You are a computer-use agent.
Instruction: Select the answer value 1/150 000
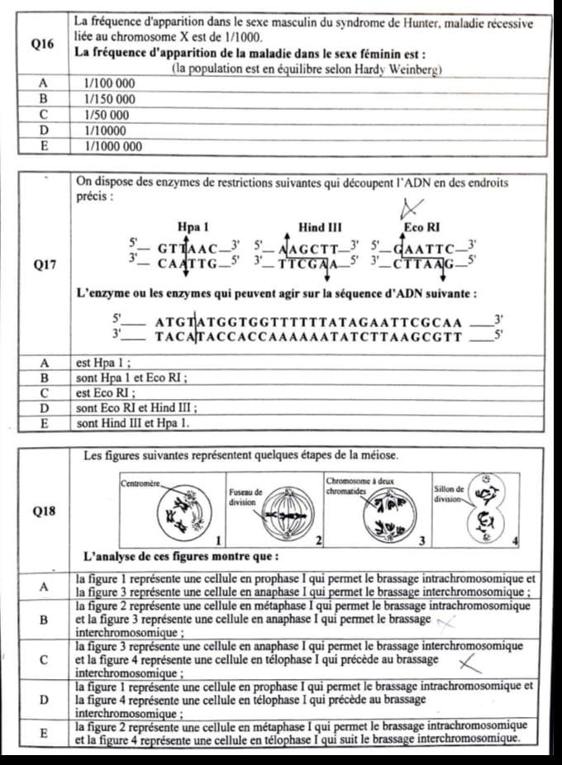click(x=111, y=99)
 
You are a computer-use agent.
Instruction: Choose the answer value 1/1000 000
click(x=114, y=146)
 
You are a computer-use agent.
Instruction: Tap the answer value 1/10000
click(x=106, y=131)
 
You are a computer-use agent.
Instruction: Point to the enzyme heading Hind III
click(x=319, y=226)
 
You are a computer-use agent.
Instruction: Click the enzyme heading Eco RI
click(x=421, y=226)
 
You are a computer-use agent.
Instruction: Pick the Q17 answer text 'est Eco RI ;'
click(x=106, y=392)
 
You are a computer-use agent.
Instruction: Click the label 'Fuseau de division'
click(x=245, y=497)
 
